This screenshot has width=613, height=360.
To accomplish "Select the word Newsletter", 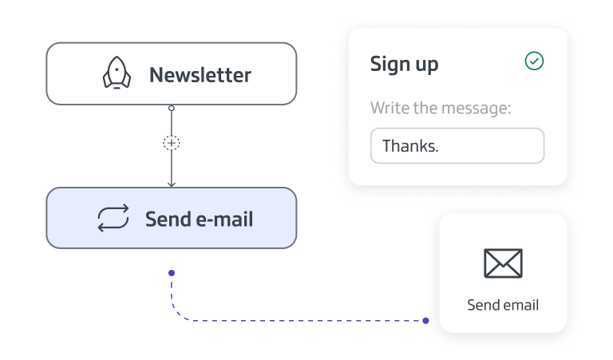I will [x=200, y=75].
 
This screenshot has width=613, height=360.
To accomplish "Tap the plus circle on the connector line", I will [x=172, y=143].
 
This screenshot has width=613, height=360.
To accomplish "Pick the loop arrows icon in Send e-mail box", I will [x=113, y=219].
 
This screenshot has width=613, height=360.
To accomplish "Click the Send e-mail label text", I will [x=199, y=219].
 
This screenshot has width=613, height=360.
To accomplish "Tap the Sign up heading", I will [x=404, y=64].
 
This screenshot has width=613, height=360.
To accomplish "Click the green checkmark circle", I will [x=534, y=61].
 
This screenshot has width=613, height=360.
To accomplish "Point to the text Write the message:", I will [x=440, y=108].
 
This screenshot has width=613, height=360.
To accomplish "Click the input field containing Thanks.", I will [x=457, y=146].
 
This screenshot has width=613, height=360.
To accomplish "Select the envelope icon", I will [x=503, y=263].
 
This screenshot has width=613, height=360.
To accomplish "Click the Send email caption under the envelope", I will [x=503, y=305].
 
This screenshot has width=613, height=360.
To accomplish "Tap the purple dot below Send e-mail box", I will [x=172, y=273].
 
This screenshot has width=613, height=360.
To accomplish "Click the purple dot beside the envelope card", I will [x=426, y=321].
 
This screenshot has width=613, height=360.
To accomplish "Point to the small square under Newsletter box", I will [x=172, y=108].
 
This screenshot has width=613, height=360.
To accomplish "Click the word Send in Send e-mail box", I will [x=168, y=219].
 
